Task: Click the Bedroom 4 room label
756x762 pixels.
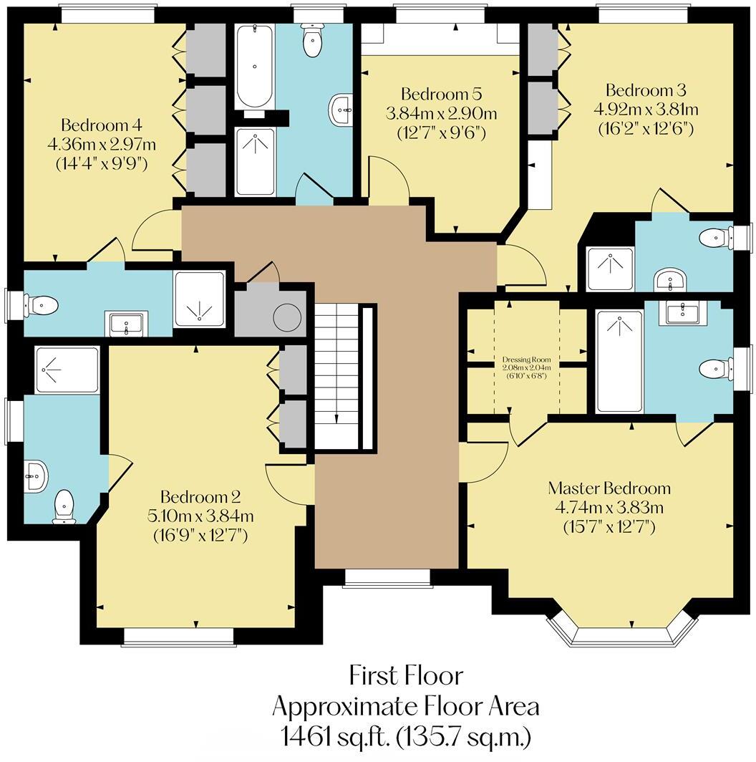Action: coord(102,125)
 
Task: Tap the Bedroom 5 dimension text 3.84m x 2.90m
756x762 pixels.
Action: coord(441,114)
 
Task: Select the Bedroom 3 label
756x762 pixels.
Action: coord(646,90)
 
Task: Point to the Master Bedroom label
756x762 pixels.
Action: coord(609,488)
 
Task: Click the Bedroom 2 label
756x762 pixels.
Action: coord(200,497)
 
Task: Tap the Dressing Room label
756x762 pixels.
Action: coord(527,360)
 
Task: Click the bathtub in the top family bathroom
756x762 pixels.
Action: coord(254,67)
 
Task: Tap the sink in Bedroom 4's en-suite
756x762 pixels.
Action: coord(127,323)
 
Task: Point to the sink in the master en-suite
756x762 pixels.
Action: coord(682,312)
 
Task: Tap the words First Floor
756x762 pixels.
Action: coord(406,675)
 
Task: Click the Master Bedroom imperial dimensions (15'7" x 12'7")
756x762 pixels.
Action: coord(609,527)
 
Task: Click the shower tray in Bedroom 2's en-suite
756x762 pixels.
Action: coord(67,370)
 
